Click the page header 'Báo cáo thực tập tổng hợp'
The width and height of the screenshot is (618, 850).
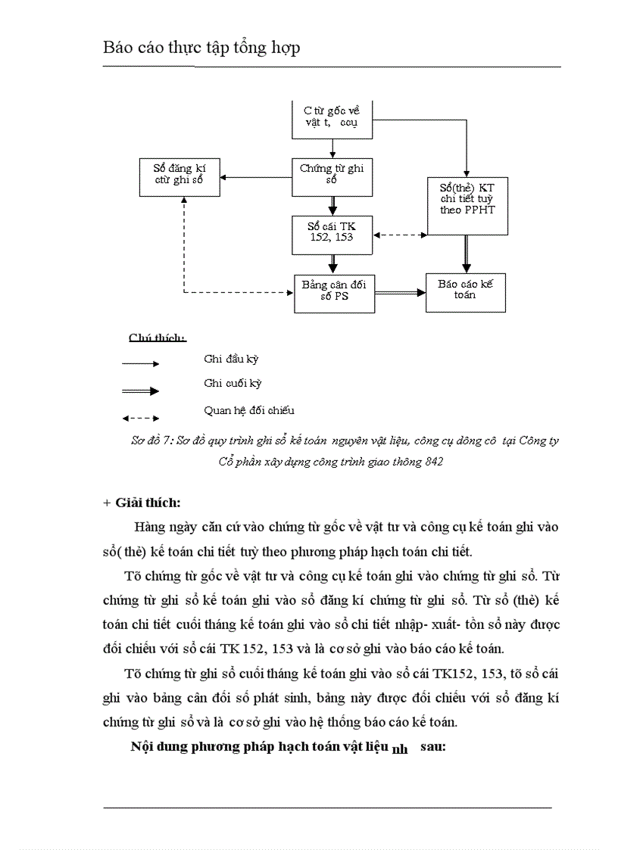pos(201,48)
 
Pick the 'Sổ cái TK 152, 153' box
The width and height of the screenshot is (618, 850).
pos(332,234)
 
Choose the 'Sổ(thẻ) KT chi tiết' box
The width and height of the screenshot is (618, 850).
pos(467,199)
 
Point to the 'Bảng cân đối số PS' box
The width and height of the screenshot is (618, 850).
pos(334,292)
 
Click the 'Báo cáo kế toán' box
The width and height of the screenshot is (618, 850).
pos(465,291)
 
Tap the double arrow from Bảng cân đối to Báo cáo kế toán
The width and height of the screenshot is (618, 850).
pos(400,292)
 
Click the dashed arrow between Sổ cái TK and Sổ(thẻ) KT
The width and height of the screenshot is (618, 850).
pos(401,235)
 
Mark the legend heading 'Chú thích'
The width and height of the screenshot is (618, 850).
pos(158,338)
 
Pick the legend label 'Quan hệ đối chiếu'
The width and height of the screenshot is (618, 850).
pos(249,411)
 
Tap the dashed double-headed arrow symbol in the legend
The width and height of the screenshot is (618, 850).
pos(141,417)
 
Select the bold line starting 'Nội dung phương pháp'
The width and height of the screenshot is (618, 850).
pos(288,746)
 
